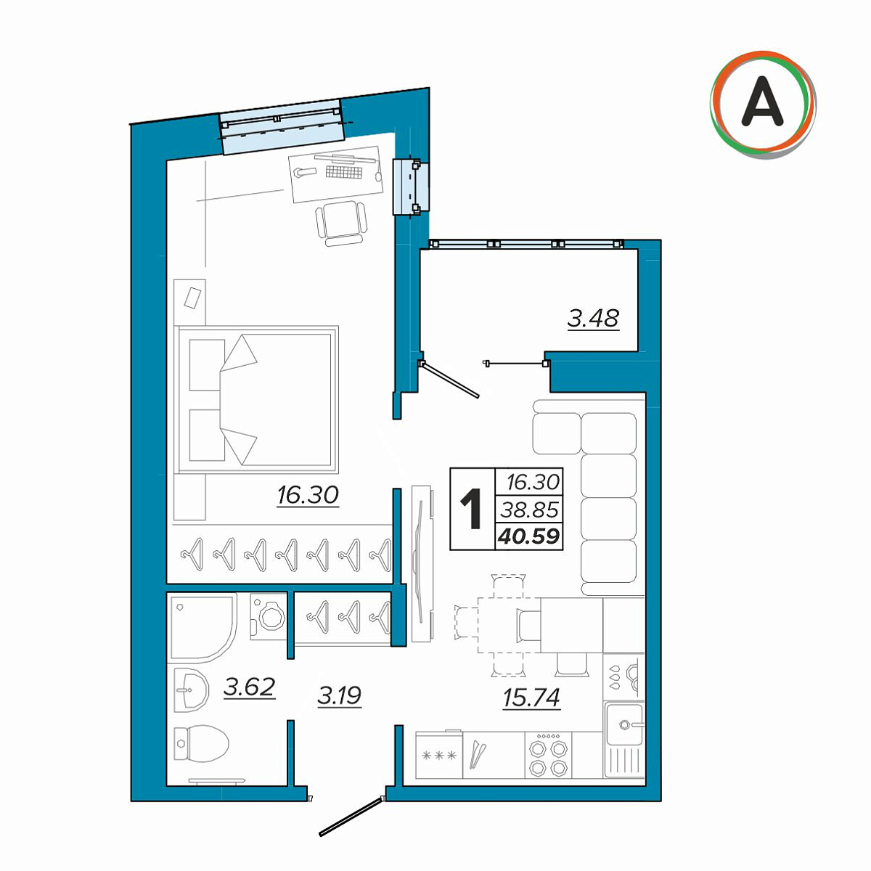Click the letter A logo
[x=763, y=105]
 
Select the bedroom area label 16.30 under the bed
[x=308, y=495]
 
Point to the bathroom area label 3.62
[x=250, y=687]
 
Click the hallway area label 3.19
[x=340, y=696]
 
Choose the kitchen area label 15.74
[x=531, y=698]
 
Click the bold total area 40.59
[x=529, y=536]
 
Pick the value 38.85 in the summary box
[x=530, y=510]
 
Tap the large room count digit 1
[x=471, y=509]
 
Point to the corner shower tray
[x=202, y=629]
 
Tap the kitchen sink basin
[x=624, y=724]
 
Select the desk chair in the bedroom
[x=342, y=224]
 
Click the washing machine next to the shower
[x=269, y=616]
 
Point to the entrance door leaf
[x=351, y=820]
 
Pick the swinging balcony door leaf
[x=449, y=380]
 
